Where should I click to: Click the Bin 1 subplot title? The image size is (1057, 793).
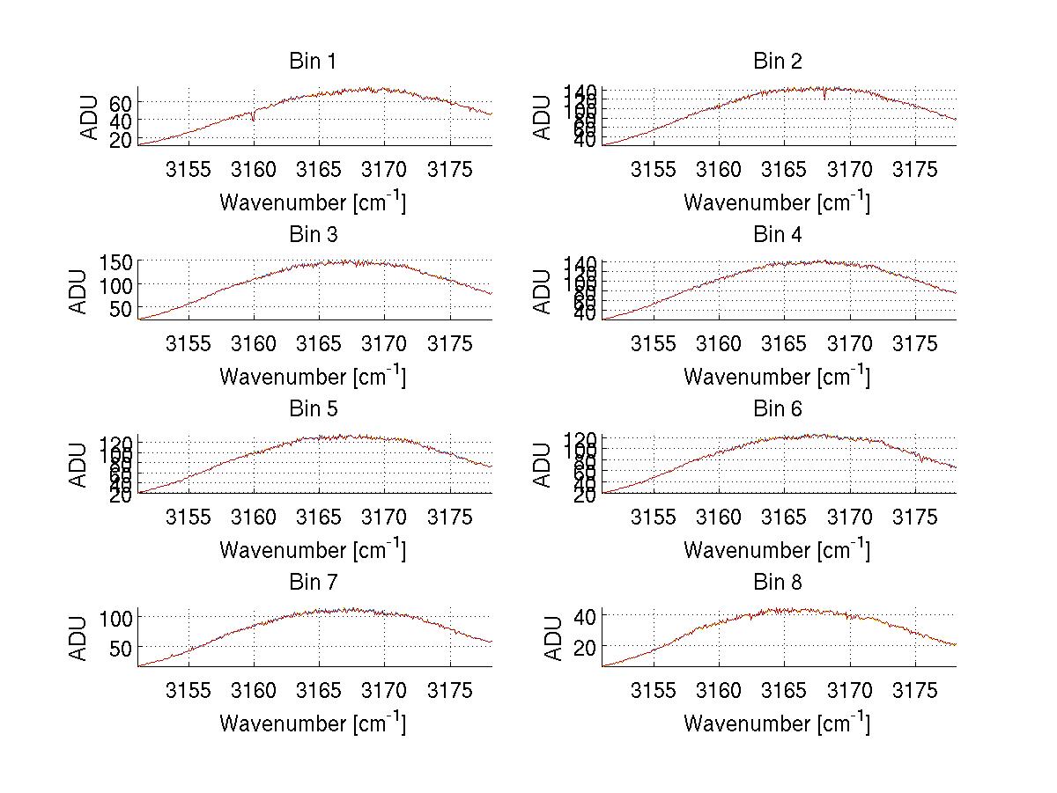pos(313,62)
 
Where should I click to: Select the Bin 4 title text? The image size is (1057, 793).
pos(778,235)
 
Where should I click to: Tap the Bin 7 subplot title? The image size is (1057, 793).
pos(313,583)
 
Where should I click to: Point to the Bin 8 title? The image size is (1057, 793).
pos(778,583)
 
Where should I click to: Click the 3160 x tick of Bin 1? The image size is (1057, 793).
pos(254,170)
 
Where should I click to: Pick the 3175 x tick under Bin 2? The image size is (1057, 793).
pos(915,170)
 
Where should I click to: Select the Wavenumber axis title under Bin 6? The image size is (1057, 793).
pos(776,550)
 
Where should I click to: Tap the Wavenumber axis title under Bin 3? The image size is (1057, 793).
pos(313,377)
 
